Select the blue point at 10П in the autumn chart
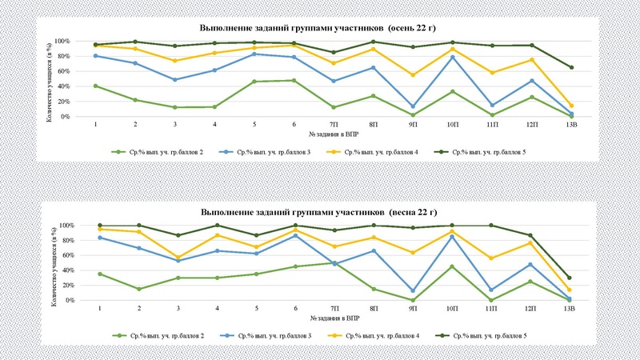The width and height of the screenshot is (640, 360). coord(453,57)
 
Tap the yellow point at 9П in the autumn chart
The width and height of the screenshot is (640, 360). coord(414,75)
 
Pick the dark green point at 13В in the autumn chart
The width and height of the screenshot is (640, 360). coord(571,67)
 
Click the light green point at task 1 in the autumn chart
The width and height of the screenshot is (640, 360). coord(96,86)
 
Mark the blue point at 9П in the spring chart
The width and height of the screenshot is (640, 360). coord(414,291)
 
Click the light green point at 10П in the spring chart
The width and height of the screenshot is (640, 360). coord(453,266)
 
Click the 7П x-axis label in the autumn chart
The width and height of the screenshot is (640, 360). coord(334,126)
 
